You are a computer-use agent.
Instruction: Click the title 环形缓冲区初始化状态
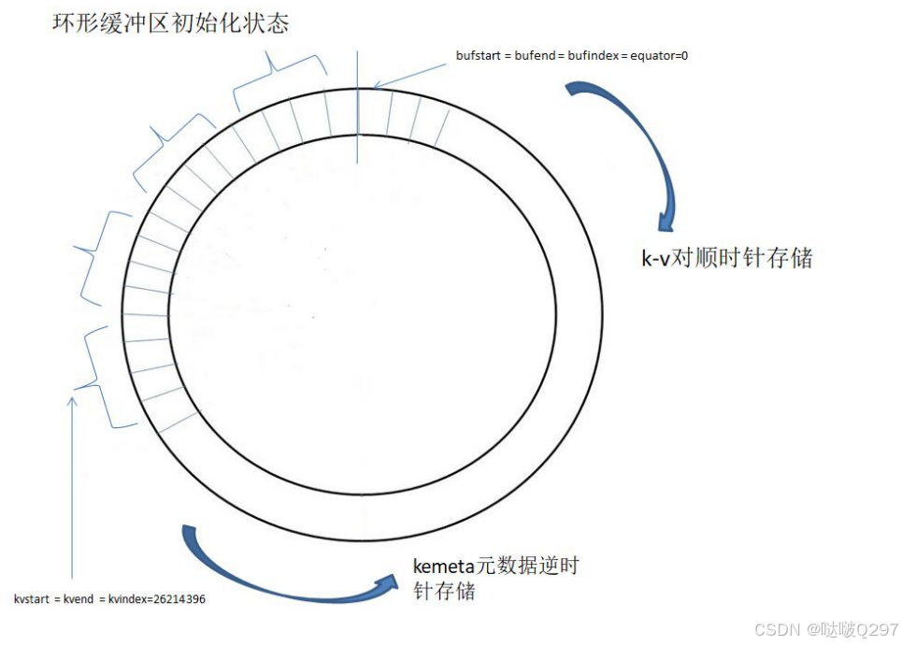pos(171,22)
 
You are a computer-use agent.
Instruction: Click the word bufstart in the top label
pos(478,56)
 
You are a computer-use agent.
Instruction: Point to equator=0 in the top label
pos(660,56)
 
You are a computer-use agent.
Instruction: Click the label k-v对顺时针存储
pos(726,258)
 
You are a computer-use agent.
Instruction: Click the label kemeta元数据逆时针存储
pos(500,578)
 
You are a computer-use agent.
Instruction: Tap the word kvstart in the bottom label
pos(34,599)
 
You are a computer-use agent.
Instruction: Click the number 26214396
pos(173,599)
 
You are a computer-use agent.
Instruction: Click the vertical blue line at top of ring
pos(357,103)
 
